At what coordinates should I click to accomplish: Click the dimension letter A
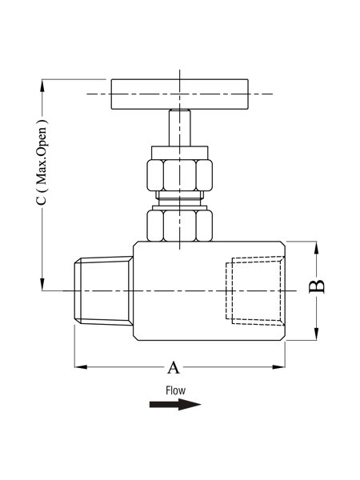click(174, 367)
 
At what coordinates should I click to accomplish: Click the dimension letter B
click(317, 286)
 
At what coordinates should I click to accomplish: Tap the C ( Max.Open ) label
click(42, 162)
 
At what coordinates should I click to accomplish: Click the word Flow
click(175, 390)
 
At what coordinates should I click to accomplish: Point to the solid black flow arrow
click(175, 404)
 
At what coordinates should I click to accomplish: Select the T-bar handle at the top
click(180, 94)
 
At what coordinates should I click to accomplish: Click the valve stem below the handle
click(180, 128)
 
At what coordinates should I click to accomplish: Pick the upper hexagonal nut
click(180, 175)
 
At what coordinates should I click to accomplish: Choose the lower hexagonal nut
click(180, 226)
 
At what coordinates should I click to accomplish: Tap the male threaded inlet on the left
click(104, 290)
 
